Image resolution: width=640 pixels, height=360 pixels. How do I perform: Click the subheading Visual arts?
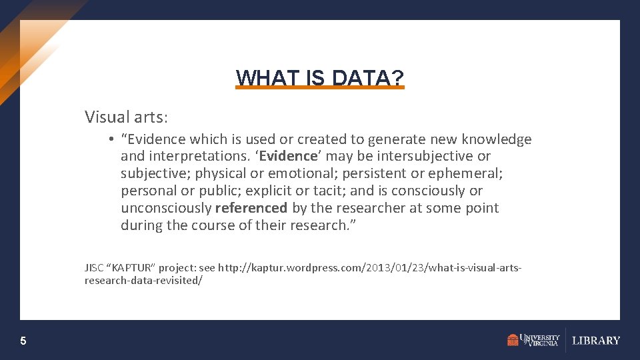pyautogui.click(x=127, y=117)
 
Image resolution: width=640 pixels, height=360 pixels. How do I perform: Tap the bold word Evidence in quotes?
pyautogui.click(x=288, y=157)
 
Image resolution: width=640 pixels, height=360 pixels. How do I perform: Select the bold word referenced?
pyautogui.click(x=251, y=208)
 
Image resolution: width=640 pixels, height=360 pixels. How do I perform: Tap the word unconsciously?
pyautogui.click(x=166, y=208)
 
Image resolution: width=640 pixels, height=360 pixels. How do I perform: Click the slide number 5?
pyautogui.click(x=23, y=341)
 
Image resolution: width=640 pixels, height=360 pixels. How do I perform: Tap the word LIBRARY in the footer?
pyautogui.click(x=596, y=341)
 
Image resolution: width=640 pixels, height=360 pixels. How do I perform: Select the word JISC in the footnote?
pyautogui.click(x=94, y=268)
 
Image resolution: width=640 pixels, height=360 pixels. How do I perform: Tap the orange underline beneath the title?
pyautogui.click(x=320, y=87)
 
